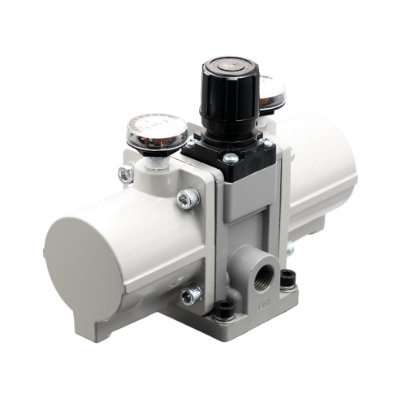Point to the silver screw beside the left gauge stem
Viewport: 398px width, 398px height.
coord(125,171)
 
